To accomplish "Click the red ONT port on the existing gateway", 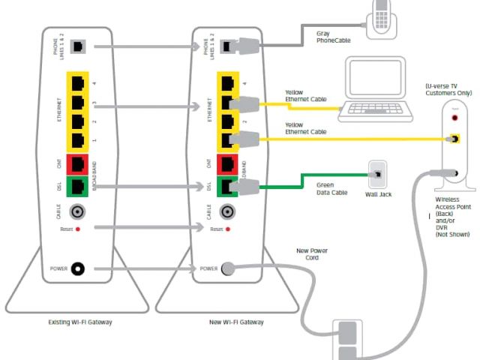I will coord(77,163).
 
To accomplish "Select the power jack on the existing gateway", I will coord(77,268).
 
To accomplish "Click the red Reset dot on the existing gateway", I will coord(77,226).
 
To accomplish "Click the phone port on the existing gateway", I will coord(77,47).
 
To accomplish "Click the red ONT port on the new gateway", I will coord(224,163).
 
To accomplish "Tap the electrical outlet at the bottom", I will coord(347,342).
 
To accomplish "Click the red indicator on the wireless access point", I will coord(452,118).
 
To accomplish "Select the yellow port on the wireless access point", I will coord(453,139).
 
